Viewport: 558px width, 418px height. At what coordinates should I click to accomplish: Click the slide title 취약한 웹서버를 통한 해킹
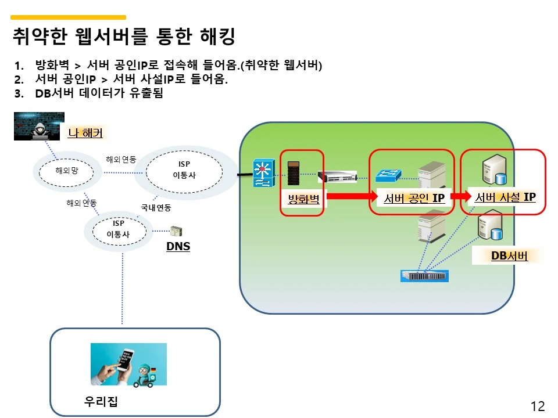[124, 37]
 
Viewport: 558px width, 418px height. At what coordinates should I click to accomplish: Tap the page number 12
[538, 406]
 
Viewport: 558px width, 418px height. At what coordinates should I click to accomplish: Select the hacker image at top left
[39, 126]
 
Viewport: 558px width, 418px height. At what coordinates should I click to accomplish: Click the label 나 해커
[85, 133]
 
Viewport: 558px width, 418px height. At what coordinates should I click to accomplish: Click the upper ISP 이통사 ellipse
[184, 170]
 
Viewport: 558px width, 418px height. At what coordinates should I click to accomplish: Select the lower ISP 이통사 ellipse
[118, 230]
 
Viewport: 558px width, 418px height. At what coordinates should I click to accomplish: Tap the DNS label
[178, 247]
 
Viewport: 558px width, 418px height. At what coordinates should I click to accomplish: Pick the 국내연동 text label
[156, 207]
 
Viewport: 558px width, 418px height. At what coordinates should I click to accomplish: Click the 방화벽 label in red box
[304, 200]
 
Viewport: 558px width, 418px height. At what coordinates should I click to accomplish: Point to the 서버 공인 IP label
[414, 198]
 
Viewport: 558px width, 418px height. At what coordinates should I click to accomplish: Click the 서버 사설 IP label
[505, 197]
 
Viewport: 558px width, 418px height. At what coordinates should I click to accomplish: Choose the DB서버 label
[509, 255]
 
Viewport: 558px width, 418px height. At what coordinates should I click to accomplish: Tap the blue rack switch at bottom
[425, 276]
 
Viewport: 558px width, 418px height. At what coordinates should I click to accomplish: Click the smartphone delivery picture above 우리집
[128, 364]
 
